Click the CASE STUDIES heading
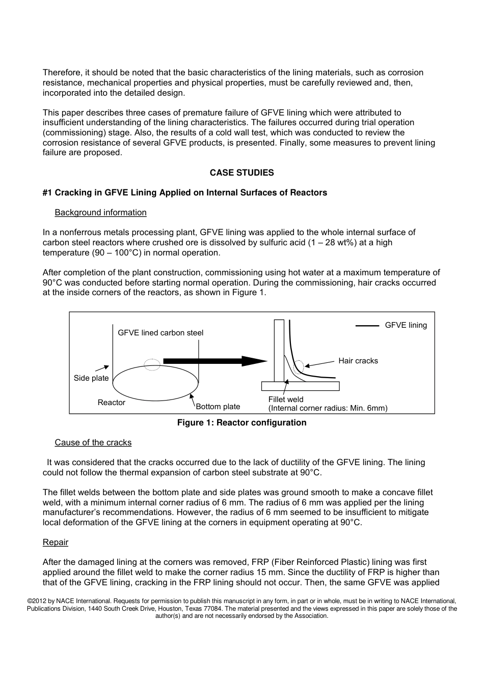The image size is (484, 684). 241,173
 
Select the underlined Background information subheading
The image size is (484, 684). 100,212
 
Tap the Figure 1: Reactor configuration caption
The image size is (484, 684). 241,422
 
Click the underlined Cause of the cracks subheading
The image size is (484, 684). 93,442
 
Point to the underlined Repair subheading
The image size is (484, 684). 55,542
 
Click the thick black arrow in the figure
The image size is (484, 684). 214,361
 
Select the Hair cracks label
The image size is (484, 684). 358,361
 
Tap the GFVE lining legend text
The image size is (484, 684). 406,325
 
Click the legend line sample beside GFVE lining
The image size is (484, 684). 367,326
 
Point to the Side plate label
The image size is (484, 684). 91,378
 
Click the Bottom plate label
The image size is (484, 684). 218,407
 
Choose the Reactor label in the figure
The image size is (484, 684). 111,403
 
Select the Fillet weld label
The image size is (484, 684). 286,400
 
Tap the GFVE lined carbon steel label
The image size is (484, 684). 160,333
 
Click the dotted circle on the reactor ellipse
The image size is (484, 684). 152,364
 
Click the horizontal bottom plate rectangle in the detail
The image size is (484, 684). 300,386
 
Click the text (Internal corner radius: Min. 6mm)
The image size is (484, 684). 328,408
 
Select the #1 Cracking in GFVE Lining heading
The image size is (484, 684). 184,192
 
